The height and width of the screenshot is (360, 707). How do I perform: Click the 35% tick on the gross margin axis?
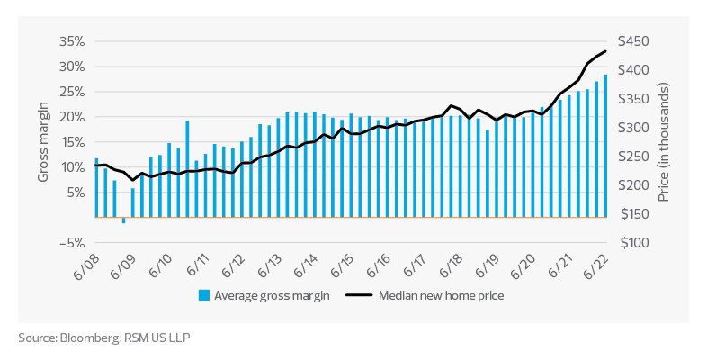click(72, 41)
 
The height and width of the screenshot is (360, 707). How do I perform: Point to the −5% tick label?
click(72, 243)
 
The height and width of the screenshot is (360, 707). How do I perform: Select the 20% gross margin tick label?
click(72, 117)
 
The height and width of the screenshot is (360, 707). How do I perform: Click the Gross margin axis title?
click(42, 142)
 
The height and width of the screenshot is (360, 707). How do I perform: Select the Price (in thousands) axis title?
click(667, 142)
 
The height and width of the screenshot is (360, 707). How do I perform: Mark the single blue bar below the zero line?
click(123, 220)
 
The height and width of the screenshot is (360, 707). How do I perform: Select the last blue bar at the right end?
click(605, 146)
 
